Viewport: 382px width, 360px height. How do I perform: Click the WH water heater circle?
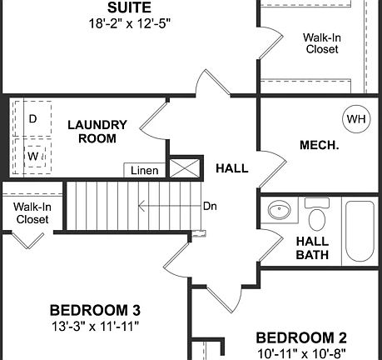click(x=356, y=119)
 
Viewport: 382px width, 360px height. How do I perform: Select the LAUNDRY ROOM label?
click(x=97, y=132)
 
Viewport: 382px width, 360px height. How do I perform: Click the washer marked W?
click(x=33, y=155)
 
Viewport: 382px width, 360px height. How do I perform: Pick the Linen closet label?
click(x=145, y=170)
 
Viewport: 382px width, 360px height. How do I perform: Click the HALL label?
click(x=231, y=167)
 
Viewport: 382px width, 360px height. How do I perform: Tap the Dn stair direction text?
click(x=210, y=205)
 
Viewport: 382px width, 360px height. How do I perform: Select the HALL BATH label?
click(x=313, y=247)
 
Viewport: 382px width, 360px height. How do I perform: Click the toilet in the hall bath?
click(x=317, y=217)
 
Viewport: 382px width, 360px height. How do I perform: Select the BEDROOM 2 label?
click(x=300, y=337)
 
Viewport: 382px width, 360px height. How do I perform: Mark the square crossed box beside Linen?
click(x=185, y=167)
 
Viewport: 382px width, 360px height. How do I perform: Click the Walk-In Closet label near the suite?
click(x=320, y=43)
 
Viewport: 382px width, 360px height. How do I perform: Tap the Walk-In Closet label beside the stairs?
click(x=32, y=212)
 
